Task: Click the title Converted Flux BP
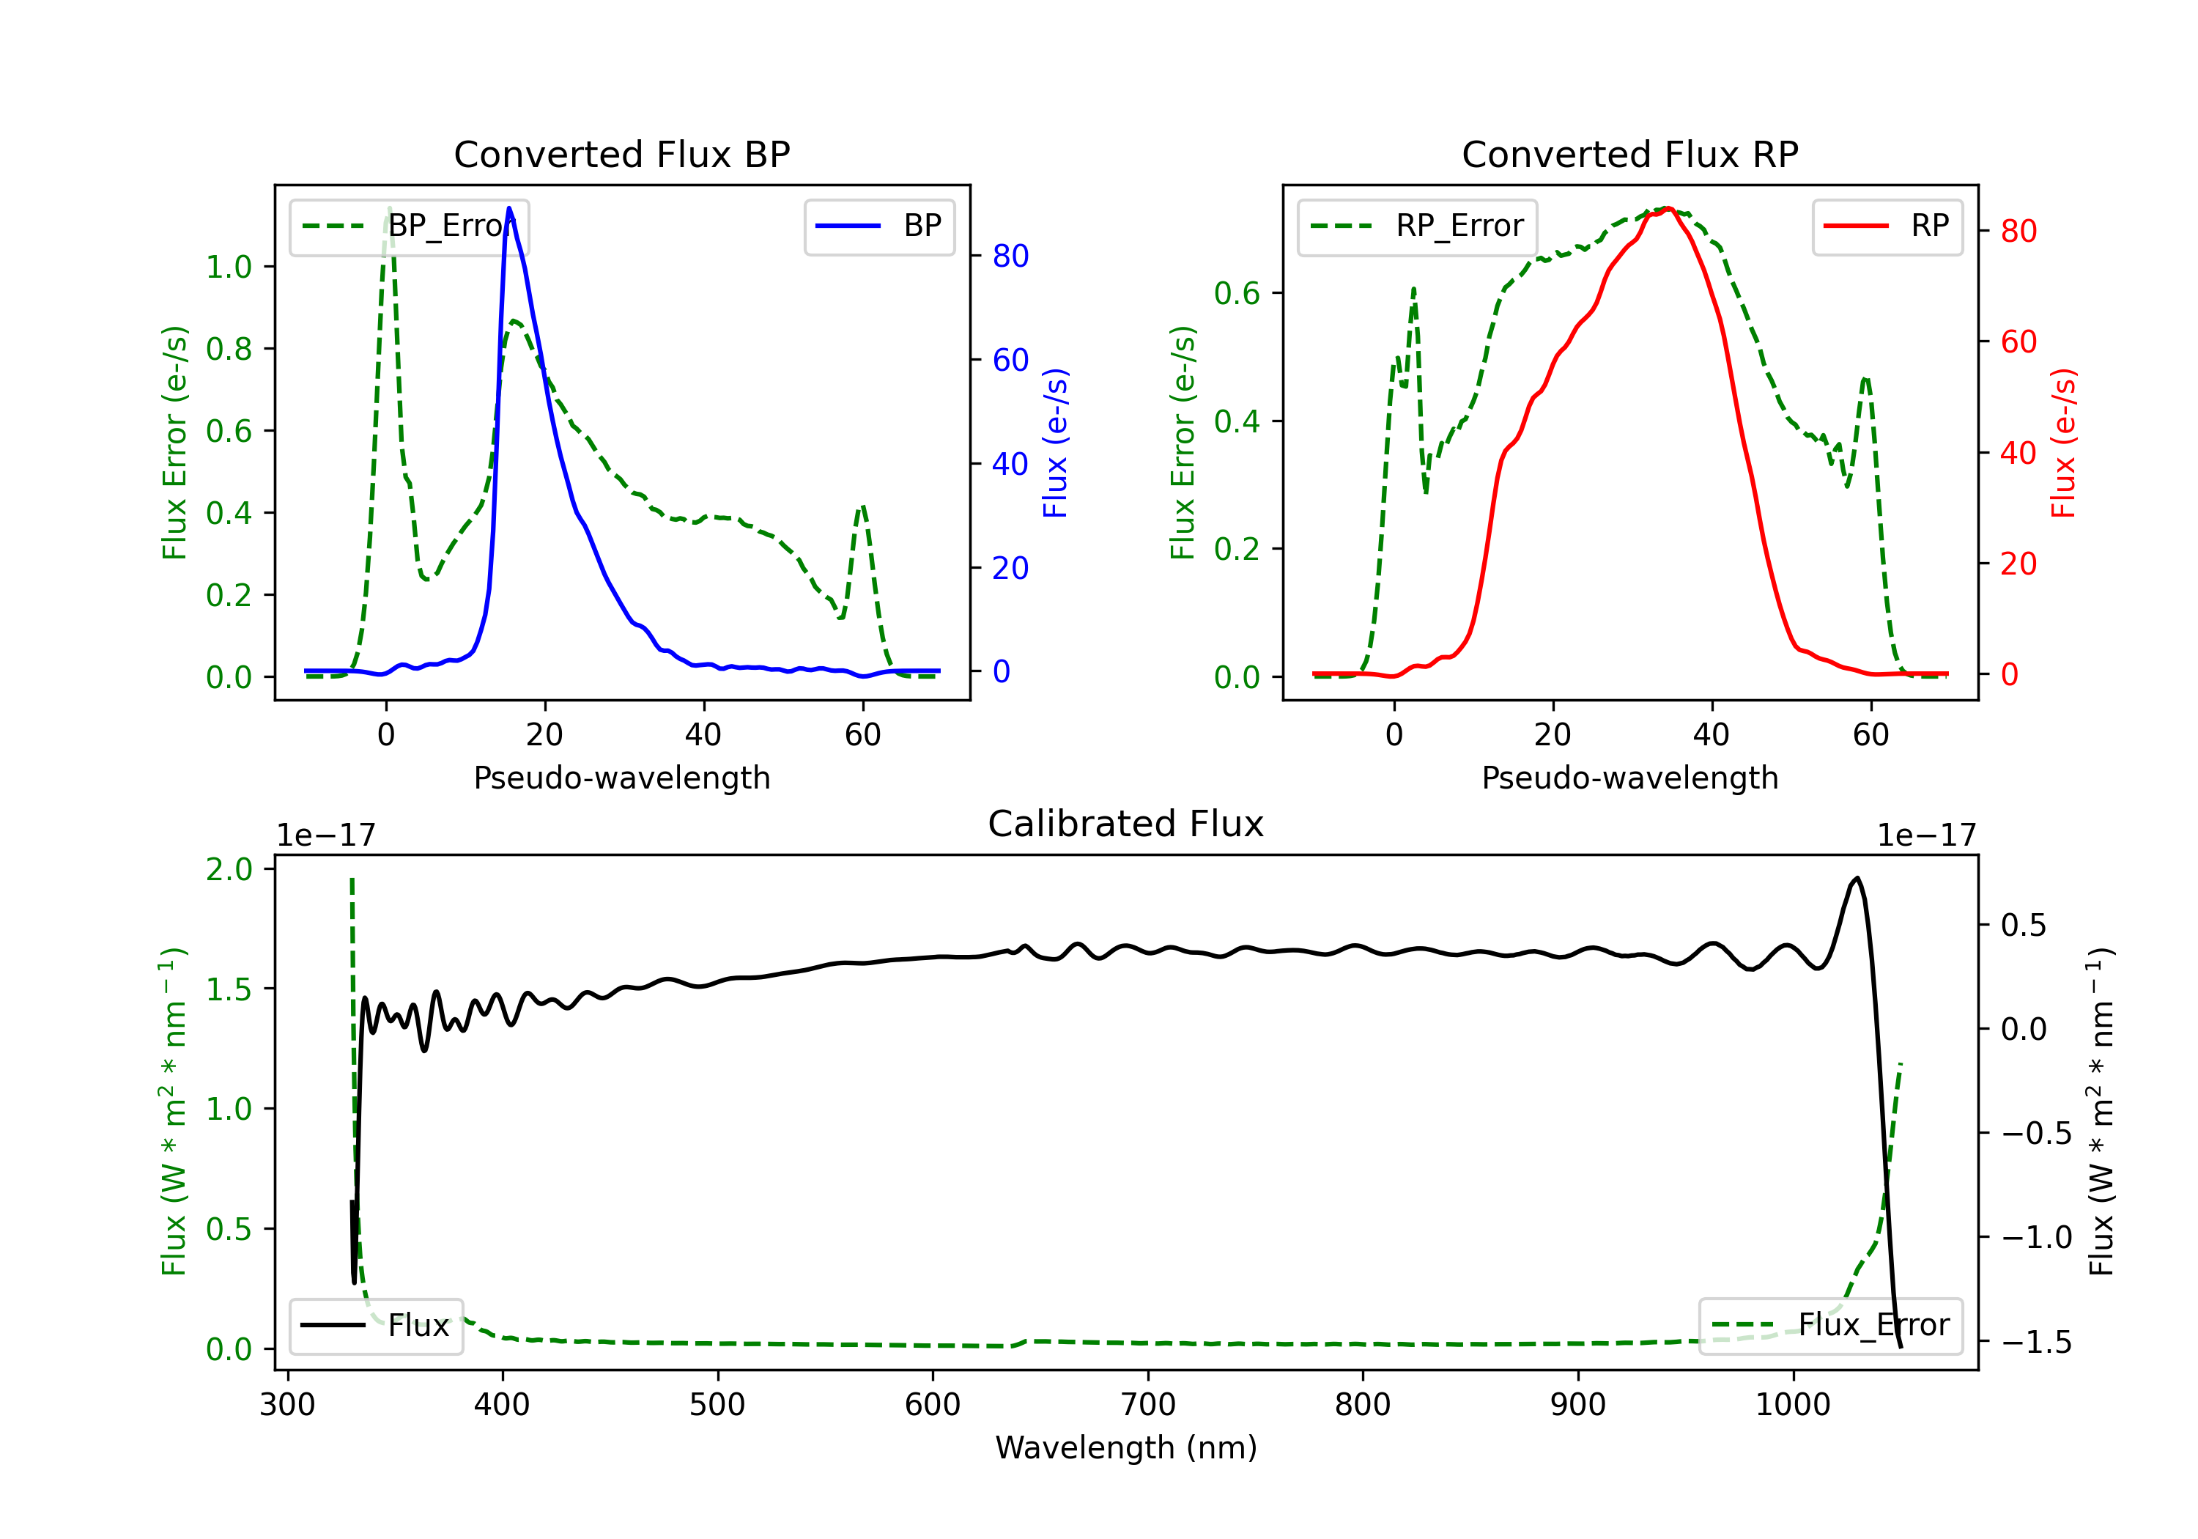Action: (x=621, y=154)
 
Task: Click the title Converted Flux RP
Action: (x=1629, y=154)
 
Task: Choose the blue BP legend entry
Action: (x=878, y=226)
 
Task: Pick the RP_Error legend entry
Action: (x=1417, y=226)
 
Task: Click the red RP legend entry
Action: (x=1887, y=226)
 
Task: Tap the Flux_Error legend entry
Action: (x=1830, y=1326)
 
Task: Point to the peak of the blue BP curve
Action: (x=509, y=208)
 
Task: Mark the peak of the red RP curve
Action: (x=1668, y=208)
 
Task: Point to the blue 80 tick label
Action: (x=1010, y=256)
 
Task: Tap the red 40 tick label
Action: (x=2018, y=453)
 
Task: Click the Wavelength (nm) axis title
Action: (x=1126, y=1447)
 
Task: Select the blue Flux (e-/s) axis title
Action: (x=1055, y=443)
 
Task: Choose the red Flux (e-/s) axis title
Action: (x=2063, y=443)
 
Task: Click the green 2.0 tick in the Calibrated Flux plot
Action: (x=229, y=870)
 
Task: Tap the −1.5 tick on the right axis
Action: (x=2036, y=1343)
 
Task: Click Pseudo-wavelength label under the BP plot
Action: (x=621, y=778)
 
